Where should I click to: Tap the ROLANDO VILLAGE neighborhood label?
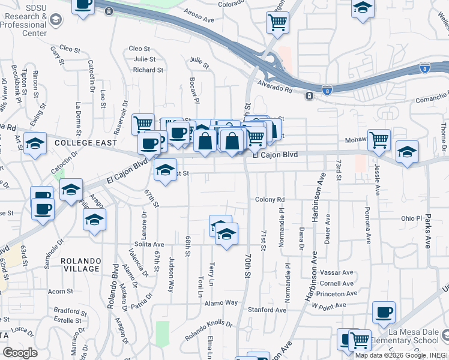tap(80, 265)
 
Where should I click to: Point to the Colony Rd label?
tap(269, 200)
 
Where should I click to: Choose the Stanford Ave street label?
tap(267, 310)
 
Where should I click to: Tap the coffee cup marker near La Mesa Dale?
tap(384, 312)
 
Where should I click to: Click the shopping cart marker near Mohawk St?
tap(379, 140)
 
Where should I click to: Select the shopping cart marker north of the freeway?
tap(277, 22)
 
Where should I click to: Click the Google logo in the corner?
tap(20, 353)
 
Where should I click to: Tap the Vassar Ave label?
tap(336, 272)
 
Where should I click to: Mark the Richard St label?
tap(148, 70)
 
